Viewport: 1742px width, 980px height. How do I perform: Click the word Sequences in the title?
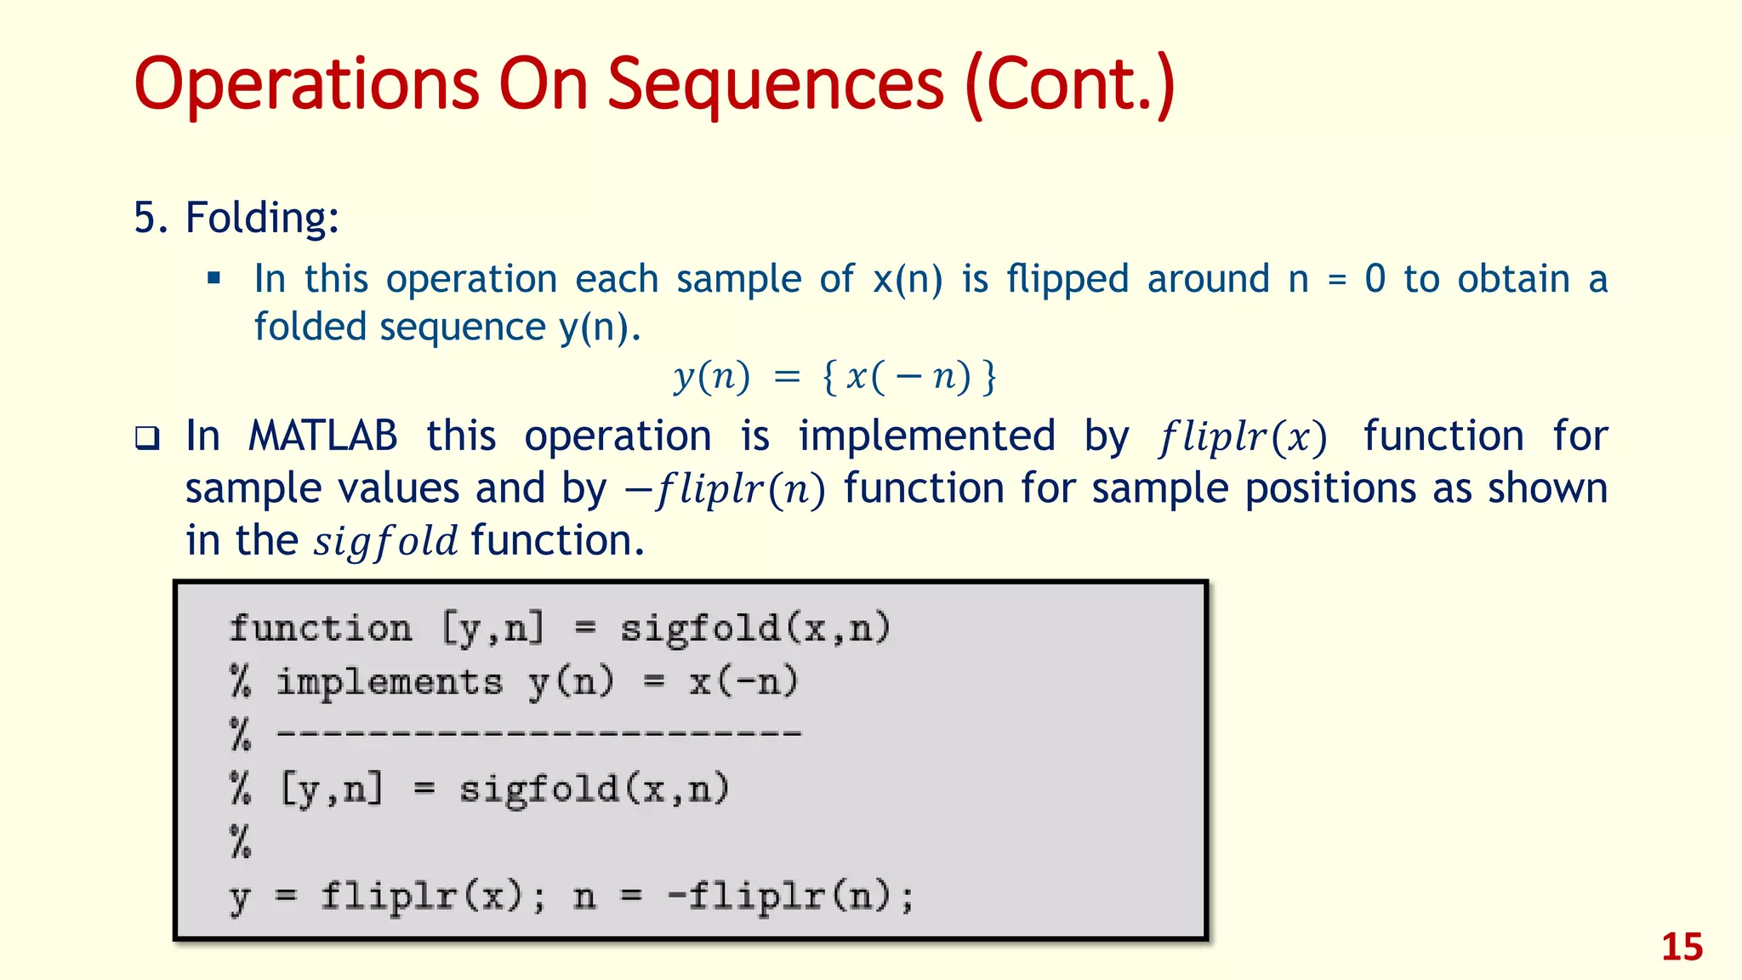coord(775,85)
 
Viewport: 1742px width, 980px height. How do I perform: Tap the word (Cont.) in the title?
coord(1070,85)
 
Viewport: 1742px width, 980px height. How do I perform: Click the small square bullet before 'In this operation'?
coord(214,278)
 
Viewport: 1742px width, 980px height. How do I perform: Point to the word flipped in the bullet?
coord(1067,279)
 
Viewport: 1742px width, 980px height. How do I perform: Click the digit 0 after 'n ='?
coord(1375,279)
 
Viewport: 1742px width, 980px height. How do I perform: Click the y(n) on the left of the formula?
coord(713,376)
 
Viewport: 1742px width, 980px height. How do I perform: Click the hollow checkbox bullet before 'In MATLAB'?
coord(148,439)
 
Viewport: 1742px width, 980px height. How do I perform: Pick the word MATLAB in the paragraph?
coord(322,436)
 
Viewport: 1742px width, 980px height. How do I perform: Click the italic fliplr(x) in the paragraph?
coord(1243,437)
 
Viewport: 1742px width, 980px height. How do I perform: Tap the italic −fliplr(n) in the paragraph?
coord(726,490)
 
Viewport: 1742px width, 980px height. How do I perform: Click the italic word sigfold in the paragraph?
coord(385,542)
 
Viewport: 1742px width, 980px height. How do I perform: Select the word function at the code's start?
coord(321,629)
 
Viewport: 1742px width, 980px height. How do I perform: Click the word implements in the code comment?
coord(390,682)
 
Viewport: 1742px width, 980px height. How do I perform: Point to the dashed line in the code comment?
coord(539,733)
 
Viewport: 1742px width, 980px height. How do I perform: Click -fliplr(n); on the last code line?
coord(790,896)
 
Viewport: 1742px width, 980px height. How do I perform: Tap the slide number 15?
coord(1682,947)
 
